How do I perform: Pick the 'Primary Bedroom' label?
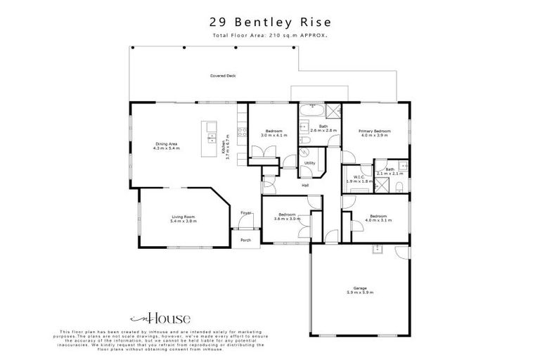click(374, 131)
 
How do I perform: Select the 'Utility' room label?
click(309, 163)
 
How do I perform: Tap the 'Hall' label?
click(305, 185)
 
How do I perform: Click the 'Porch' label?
click(245, 240)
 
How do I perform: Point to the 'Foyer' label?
click(245, 212)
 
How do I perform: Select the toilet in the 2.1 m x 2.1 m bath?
click(398, 186)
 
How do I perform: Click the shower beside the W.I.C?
click(382, 186)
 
